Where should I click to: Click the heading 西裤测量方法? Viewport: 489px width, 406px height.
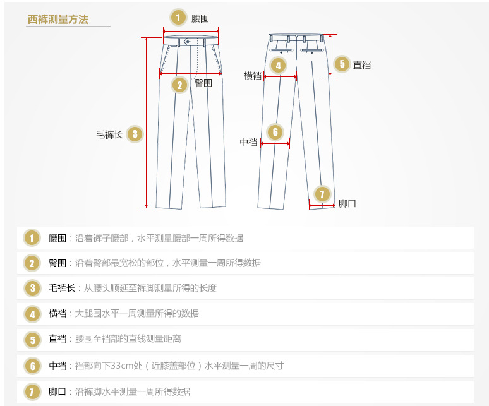coord(58,20)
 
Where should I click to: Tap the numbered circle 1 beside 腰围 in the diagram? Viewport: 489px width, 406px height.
coord(179,18)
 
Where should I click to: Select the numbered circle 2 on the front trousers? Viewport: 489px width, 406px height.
coord(179,85)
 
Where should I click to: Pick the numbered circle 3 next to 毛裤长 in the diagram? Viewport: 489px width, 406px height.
coord(134,134)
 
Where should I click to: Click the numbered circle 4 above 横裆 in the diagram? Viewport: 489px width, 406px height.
coord(277,64)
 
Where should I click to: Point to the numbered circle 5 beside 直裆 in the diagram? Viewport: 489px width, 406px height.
coord(341,64)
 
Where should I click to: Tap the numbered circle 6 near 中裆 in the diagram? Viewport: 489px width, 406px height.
coord(275,132)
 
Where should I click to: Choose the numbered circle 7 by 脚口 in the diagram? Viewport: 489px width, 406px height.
coord(322,194)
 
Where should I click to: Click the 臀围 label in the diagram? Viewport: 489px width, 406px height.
coord(203,83)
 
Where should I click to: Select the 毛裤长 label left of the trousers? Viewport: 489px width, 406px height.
coord(109,134)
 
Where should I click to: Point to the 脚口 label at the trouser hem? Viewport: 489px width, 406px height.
coord(347,203)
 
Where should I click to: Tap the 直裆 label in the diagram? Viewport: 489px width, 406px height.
coord(361,64)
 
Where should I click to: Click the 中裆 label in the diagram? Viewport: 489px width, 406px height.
coord(248,143)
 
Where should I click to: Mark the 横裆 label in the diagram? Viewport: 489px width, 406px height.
coord(253,76)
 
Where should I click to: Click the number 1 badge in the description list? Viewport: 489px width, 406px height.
coord(32,238)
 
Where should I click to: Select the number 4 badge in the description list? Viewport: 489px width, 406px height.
coord(32,313)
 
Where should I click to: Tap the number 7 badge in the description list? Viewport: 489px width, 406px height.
coord(32,391)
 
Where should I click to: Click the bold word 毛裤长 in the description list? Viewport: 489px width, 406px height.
coord(62,289)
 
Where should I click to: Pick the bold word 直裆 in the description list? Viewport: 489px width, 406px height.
coord(57,339)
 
